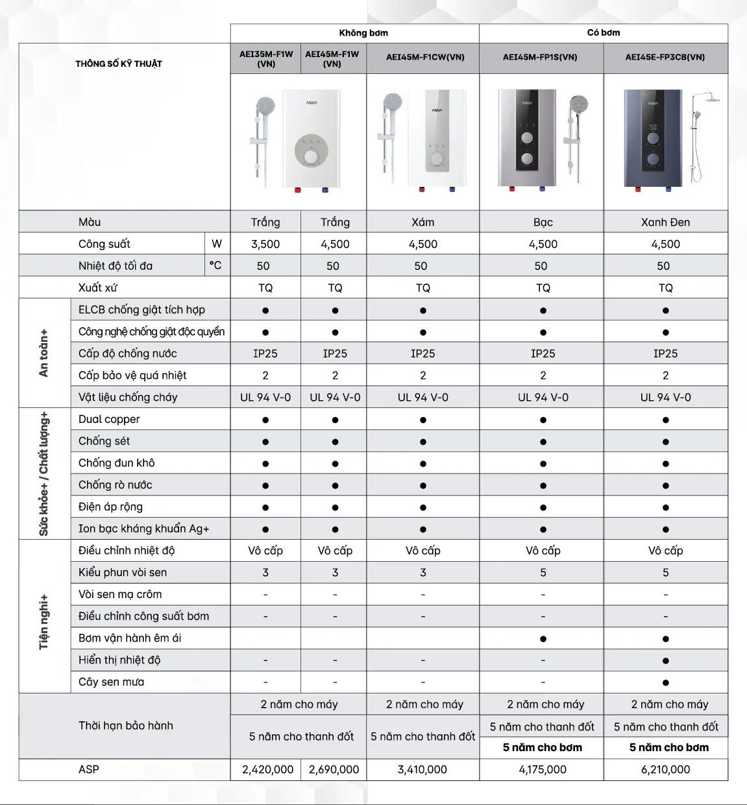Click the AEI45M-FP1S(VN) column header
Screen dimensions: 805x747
[x=540, y=57]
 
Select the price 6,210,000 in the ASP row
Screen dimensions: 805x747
[x=665, y=769]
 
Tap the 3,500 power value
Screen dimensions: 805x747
[x=265, y=244]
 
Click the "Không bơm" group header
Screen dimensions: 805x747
[x=363, y=33]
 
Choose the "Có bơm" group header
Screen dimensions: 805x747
[x=604, y=33]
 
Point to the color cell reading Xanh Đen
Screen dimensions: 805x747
[x=665, y=222]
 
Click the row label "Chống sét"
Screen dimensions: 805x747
[x=104, y=441]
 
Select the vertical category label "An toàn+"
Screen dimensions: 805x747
[x=44, y=353]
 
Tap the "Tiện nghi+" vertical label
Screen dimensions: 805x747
[x=44, y=621]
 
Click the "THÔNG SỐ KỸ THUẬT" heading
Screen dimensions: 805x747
[x=119, y=64]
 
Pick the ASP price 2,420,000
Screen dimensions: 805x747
[x=267, y=769]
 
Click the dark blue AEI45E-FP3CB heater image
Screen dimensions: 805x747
[x=653, y=139]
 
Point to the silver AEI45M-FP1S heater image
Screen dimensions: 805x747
[x=527, y=139]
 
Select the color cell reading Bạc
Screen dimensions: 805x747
[x=543, y=222]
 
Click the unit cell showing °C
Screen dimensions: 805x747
[x=215, y=265]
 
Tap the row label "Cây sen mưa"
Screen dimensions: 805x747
[x=112, y=682]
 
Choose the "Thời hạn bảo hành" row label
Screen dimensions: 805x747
[x=126, y=726]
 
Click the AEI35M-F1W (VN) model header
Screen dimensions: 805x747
[x=266, y=58]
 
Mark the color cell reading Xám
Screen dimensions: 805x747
[x=422, y=222]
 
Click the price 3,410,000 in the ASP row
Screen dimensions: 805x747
[x=422, y=769]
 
